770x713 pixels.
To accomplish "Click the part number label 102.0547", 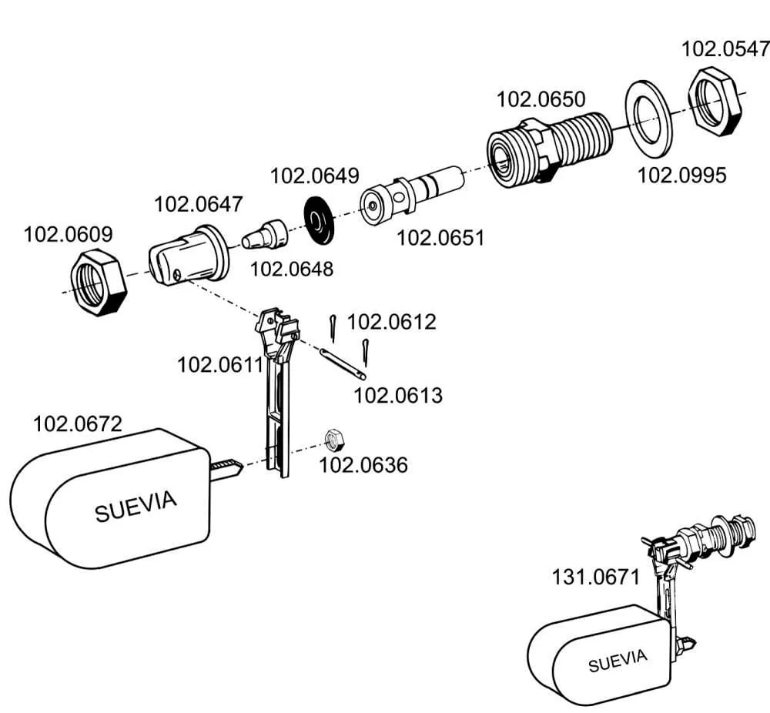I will tap(725, 49).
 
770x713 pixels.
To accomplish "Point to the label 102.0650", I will tap(541, 99).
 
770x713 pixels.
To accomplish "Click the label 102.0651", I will tap(440, 238).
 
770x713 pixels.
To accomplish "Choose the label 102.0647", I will tap(198, 205).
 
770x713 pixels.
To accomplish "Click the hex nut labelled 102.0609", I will tap(98, 282).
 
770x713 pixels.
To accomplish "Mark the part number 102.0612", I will tap(391, 322).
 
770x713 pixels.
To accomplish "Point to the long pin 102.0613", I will tap(342, 363).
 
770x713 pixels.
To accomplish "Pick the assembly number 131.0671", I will tap(594, 577).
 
